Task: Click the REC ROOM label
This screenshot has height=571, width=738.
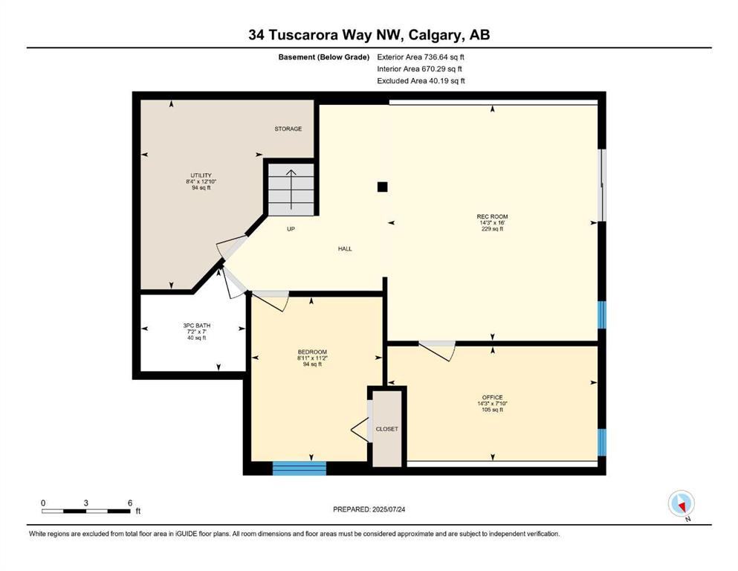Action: point(492,216)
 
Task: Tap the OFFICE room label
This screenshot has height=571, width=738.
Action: point(492,397)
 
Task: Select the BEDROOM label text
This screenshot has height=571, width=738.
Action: point(312,352)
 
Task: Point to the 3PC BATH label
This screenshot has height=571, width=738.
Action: point(197,326)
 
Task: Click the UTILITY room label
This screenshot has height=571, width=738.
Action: point(201,175)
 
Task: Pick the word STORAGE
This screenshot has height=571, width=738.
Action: point(288,129)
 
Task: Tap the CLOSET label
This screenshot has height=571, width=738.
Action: point(387,429)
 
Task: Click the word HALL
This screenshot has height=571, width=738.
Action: point(345,248)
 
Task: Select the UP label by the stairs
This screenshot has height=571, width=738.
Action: point(291,229)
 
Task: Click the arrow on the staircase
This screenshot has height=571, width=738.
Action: point(291,190)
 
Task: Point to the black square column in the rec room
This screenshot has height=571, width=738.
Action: point(382,187)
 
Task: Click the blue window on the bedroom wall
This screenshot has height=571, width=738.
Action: point(300,468)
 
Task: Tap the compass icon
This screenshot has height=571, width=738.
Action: point(681,504)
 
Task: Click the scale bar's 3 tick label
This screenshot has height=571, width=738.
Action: point(85,503)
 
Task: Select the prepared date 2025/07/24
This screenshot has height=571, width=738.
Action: point(388,509)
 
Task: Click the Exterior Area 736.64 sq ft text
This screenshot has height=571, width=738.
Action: point(421,57)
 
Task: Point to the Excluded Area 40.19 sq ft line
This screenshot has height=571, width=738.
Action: point(421,80)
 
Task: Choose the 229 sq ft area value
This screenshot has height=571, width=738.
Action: point(492,229)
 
